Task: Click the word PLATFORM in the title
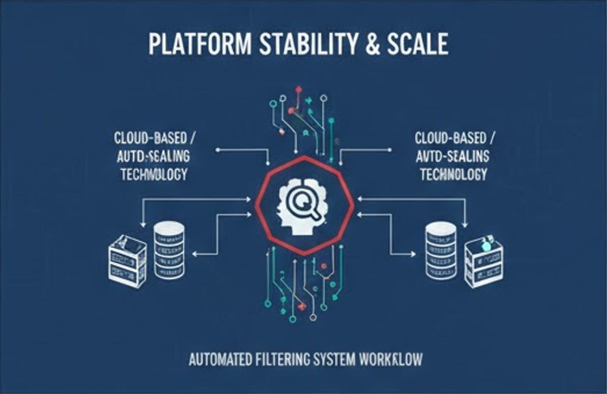(192, 46)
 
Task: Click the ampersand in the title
(373, 46)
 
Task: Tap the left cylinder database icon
(169, 249)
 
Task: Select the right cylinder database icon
(441, 249)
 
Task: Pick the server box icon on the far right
(484, 261)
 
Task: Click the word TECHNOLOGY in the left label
(154, 174)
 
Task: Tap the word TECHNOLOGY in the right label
(453, 174)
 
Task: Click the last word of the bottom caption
(394, 360)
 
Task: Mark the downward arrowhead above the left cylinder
(143, 225)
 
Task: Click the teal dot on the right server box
(487, 245)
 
